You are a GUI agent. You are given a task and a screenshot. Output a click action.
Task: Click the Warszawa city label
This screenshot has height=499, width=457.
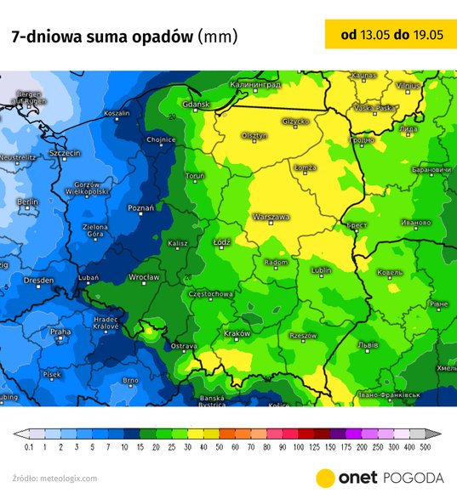click(270, 217)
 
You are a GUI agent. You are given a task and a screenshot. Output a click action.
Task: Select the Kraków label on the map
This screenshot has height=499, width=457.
click(237, 333)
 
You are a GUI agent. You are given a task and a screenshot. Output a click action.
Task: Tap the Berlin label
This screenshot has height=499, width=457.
click(27, 202)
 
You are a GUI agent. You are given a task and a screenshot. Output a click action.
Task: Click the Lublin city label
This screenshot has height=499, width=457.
click(322, 270)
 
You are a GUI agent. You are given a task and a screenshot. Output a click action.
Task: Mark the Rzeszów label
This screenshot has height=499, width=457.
click(303, 336)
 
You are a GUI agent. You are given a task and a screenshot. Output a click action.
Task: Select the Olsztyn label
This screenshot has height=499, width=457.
click(254, 135)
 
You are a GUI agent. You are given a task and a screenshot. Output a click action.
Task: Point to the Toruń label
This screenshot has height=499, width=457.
click(195, 176)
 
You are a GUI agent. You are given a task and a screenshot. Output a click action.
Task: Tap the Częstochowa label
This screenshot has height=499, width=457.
click(210, 294)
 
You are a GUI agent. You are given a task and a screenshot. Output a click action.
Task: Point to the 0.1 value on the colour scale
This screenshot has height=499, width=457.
click(29, 446)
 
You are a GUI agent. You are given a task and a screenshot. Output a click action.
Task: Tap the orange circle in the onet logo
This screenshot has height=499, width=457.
click(325, 477)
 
